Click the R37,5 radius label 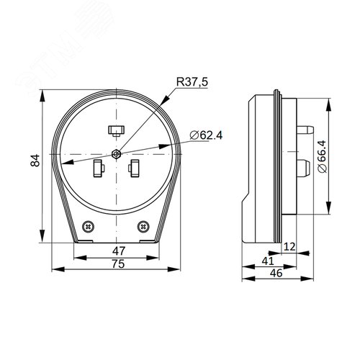pyautogui.click(x=192, y=82)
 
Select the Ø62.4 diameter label pyautogui.click(x=206, y=135)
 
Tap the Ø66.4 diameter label pyautogui.click(x=322, y=156)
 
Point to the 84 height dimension pyautogui.click(x=35, y=161)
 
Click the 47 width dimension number pyautogui.click(x=119, y=251)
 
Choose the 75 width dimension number pyautogui.click(x=119, y=264)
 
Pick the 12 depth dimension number pyautogui.click(x=289, y=246)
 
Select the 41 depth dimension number pyautogui.click(x=268, y=261)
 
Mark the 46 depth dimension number pyautogui.click(x=276, y=273)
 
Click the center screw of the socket pyautogui.click(x=116, y=154)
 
